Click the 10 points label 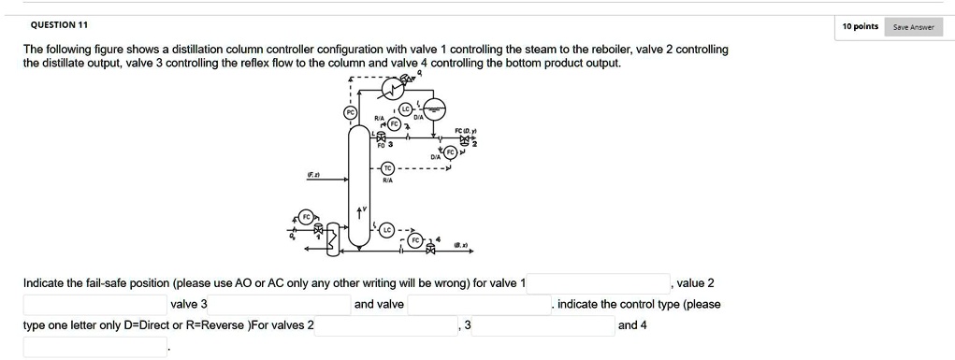pos(860,26)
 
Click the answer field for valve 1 pos(599,283)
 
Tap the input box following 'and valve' pos(478,304)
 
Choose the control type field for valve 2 pos(385,325)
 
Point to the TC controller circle pos(388,169)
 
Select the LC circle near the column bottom pos(387,228)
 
